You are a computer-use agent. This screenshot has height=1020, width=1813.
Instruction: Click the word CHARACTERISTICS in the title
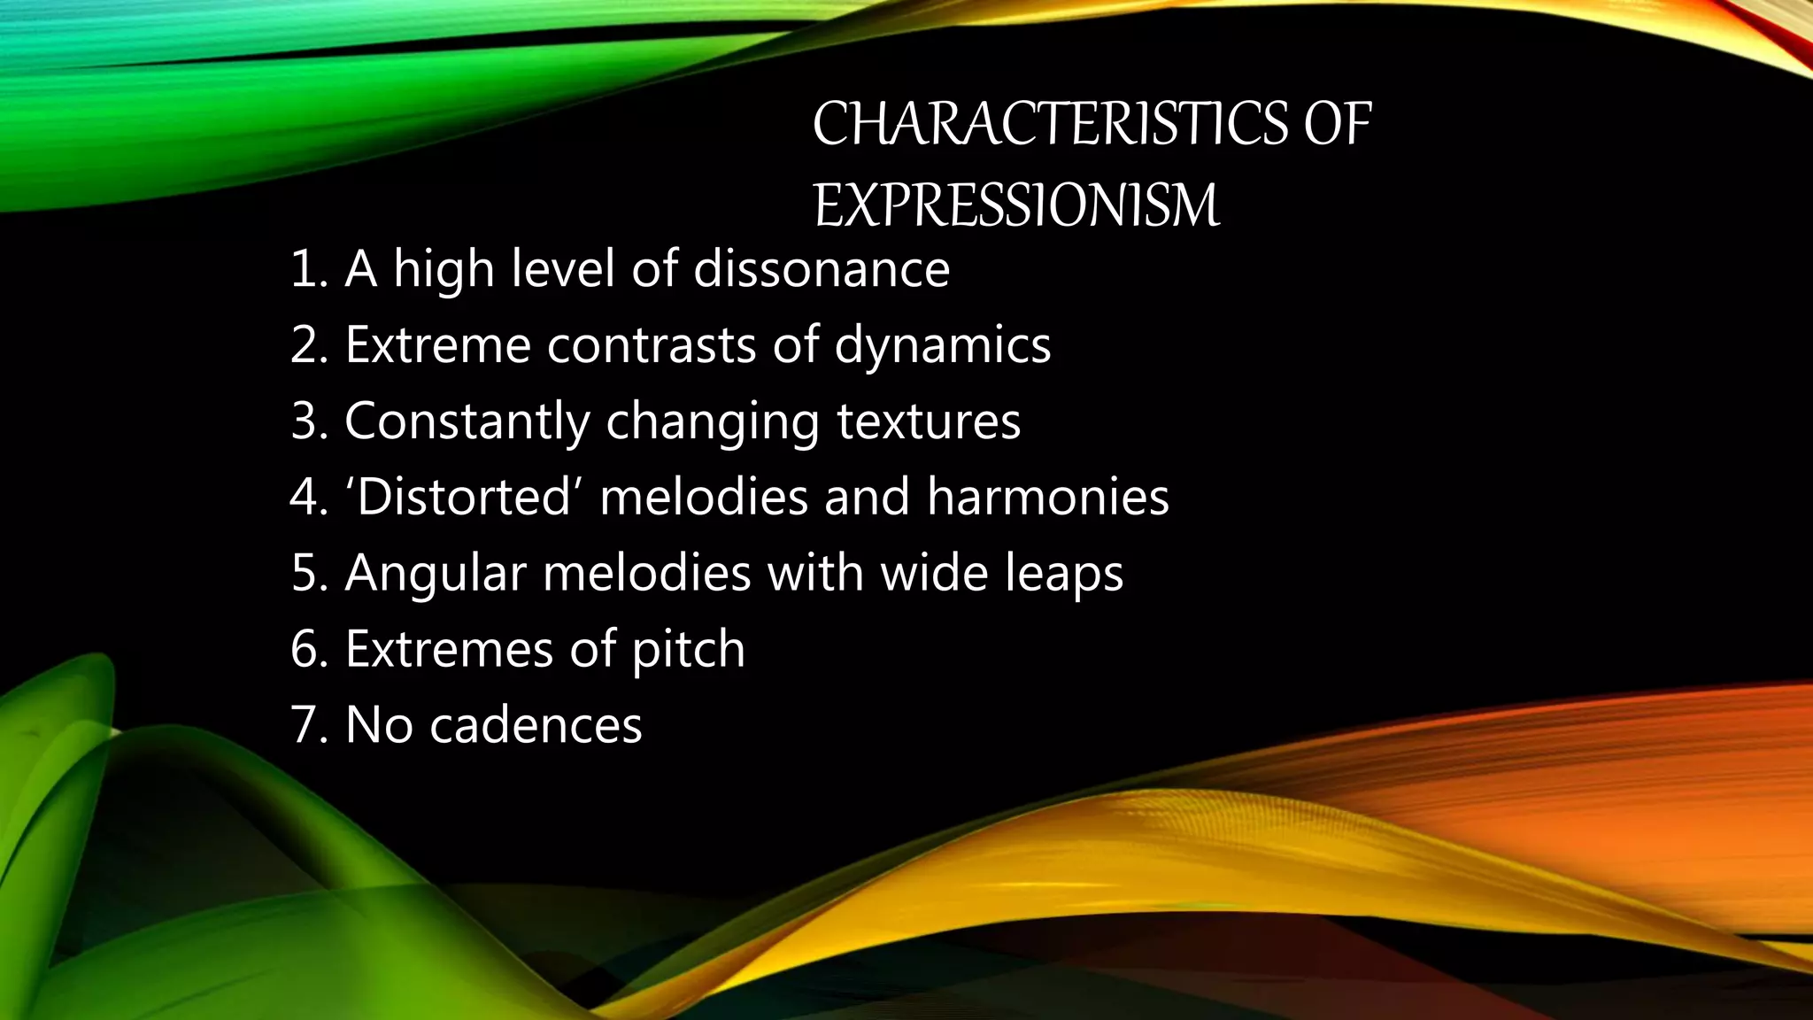(1050, 124)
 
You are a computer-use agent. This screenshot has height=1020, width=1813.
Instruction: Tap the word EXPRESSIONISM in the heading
(1016, 205)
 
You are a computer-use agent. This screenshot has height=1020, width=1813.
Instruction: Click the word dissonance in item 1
(821, 268)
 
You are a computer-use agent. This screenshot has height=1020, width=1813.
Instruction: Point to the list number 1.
(305, 268)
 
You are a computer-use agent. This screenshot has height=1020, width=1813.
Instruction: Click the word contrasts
(651, 344)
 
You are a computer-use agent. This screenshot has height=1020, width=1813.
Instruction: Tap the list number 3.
(306, 421)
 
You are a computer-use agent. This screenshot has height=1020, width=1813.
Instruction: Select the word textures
(929, 421)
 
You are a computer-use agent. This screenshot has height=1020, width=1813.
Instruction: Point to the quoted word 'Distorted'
(464, 496)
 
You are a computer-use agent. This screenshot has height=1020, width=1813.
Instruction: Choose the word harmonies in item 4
(1048, 496)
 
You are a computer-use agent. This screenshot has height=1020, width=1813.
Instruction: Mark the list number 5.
(306, 572)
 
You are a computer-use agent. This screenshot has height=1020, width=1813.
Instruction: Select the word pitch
(688, 648)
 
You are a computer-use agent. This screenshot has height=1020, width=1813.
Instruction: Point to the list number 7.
(306, 724)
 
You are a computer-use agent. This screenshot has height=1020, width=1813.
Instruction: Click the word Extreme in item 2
(437, 344)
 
